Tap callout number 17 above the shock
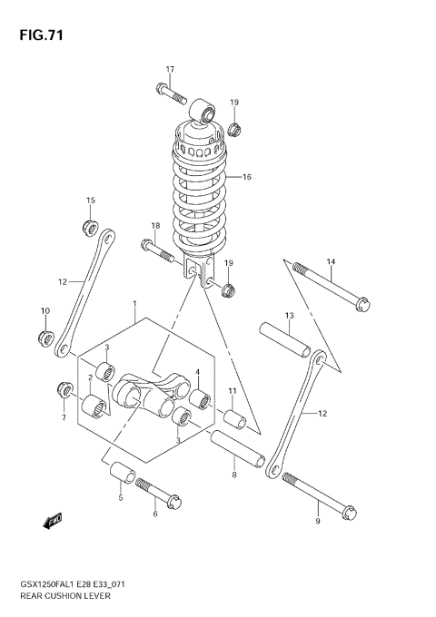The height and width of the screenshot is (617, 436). (169, 69)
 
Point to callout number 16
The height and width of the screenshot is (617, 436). (246, 177)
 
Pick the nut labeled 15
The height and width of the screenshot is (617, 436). (90, 224)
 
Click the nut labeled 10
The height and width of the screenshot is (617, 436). (44, 338)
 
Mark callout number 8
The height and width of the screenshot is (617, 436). (233, 474)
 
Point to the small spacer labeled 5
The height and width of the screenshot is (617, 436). (121, 474)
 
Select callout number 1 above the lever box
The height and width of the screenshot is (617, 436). (134, 303)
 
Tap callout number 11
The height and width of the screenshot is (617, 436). (232, 391)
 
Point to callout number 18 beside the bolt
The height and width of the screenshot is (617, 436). (155, 225)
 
